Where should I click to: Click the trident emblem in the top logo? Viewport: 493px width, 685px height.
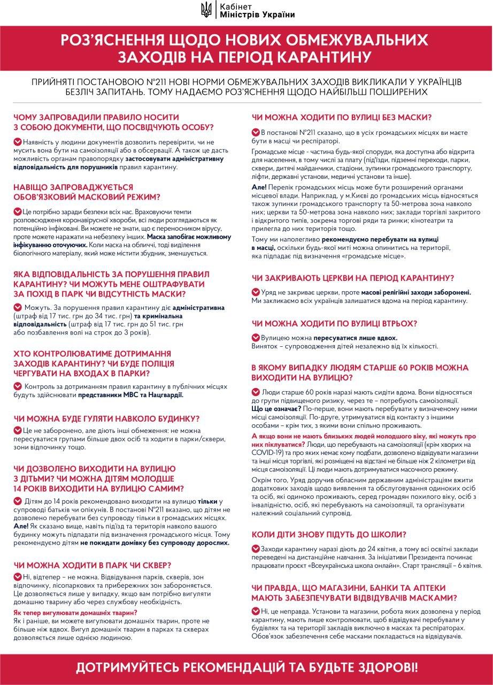click(x=205, y=9)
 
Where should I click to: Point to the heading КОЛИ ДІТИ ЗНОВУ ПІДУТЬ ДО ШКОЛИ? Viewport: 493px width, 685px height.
click(x=329, y=534)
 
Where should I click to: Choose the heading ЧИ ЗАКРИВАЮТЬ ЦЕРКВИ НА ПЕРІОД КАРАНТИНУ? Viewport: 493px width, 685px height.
click(x=353, y=278)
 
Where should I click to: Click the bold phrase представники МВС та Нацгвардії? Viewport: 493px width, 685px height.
click(x=131, y=395)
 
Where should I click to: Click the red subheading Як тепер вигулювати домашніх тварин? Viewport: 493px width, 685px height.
click(x=75, y=612)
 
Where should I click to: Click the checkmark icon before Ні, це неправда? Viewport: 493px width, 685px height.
click(x=255, y=611)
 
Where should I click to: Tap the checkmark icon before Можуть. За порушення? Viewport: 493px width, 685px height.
click(x=18, y=308)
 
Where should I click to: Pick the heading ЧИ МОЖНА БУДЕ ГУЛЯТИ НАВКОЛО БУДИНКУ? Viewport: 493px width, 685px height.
click(x=107, y=418)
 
